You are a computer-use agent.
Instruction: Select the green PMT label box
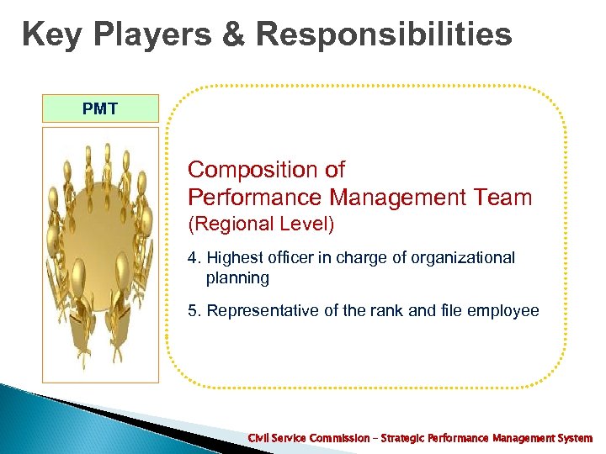pos(100,108)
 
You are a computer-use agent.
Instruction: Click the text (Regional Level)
pos(260,224)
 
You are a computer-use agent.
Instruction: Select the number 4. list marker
pos(194,258)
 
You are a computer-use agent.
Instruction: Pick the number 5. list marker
pos(194,311)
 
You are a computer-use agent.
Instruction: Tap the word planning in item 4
pos(237,278)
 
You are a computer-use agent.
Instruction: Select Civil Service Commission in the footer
pos(308,439)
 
